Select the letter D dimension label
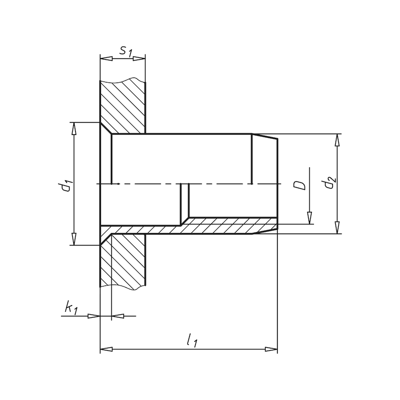click(299, 185)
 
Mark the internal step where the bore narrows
click(184, 200)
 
